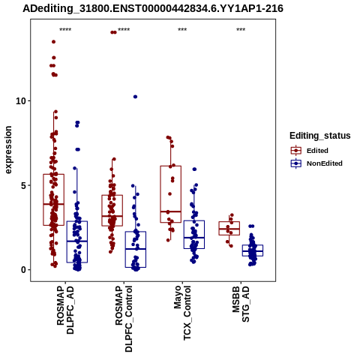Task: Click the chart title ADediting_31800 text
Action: [x=153, y=8]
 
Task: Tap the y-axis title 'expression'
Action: [x=8, y=150]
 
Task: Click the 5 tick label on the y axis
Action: [x=24, y=185]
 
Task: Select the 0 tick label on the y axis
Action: [x=24, y=270]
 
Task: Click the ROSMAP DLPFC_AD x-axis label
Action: [x=65, y=310]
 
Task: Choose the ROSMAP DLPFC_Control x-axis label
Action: [x=124, y=319]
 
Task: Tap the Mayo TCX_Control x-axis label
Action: [x=182, y=313]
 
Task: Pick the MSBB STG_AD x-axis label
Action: [x=241, y=304]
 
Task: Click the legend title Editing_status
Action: [x=320, y=136]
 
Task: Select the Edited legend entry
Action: [x=310, y=151]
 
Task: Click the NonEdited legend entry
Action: [x=316, y=163]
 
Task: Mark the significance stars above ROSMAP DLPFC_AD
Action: [x=65, y=30]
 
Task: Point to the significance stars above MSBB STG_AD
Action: [x=241, y=30]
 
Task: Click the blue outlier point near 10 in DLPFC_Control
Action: [x=135, y=97]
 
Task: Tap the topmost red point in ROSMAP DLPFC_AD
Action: [x=53, y=42]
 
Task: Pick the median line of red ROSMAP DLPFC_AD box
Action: [x=53, y=204]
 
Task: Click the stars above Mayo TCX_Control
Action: [x=182, y=30]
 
